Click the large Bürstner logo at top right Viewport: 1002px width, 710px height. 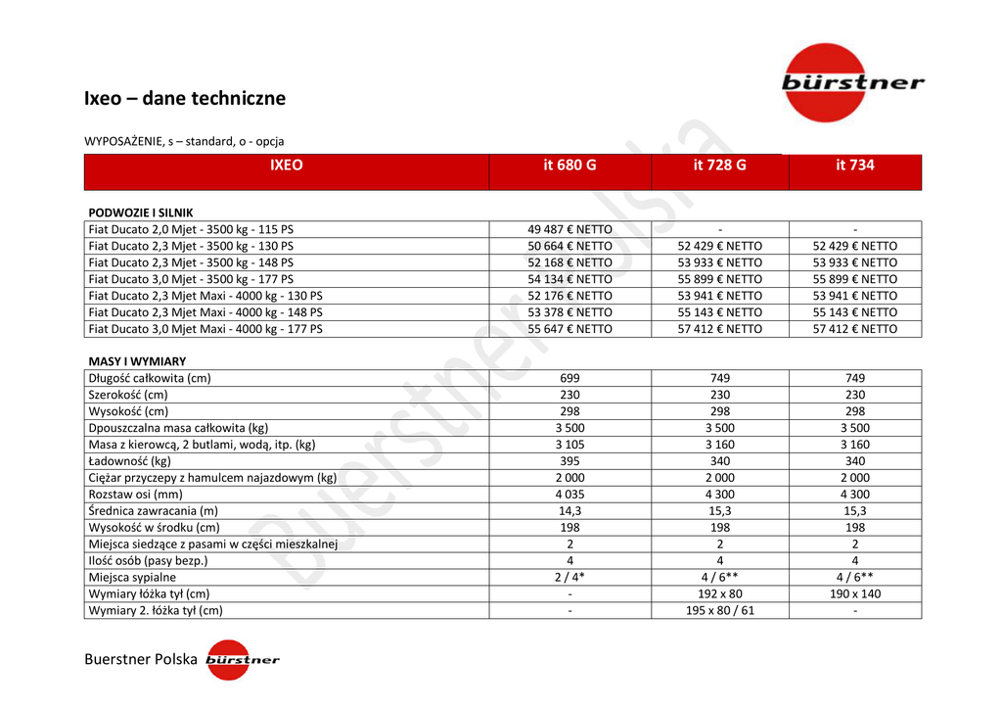click(x=851, y=82)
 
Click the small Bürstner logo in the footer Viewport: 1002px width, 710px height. click(x=242, y=660)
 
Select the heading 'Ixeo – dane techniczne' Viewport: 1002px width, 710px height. click(x=185, y=98)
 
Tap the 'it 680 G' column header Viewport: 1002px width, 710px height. click(x=569, y=166)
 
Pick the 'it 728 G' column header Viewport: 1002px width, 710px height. click(x=719, y=166)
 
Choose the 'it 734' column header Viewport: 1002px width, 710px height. click(x=854, y=166)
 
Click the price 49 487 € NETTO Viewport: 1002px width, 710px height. click(x=569, y=230)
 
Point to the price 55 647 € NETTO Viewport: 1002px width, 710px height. click(x=569, y=329)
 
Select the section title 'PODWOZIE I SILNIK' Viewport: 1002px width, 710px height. click(x=141, y=213)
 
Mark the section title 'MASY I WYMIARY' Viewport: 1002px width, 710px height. click(x=137, y=361)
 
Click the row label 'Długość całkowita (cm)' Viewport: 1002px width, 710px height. click(x=150, y=379)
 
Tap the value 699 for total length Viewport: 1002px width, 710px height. click(x=569, y=379)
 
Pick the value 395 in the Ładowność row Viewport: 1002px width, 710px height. click(x=569, y=461)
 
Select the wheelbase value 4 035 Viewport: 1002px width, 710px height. click(x=569, y=495)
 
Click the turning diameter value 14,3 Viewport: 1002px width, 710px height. click(x=569, y=511)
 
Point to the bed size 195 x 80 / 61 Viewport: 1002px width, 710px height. click(x=719, y=611)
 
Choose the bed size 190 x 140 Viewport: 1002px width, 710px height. click(x=854, y=594)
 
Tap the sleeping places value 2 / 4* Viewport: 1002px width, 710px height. click(x=569, y=578)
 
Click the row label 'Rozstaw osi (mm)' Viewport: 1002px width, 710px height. click(x=136, y=495)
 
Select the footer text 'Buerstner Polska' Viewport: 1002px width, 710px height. click(x=141, y=660)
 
